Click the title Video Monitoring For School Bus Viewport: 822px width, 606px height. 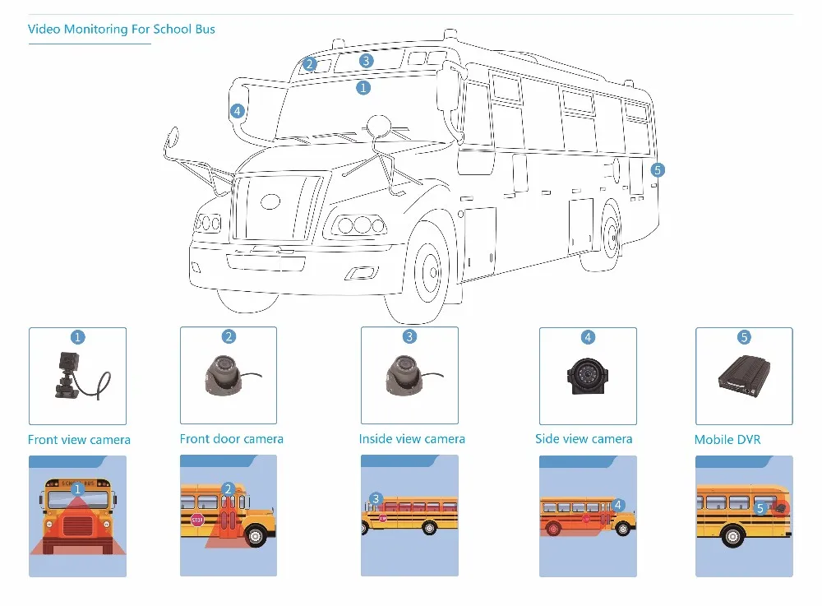(122, 30)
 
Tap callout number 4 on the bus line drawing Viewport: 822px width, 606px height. (237, 111)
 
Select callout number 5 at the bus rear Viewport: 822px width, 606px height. (656, 170)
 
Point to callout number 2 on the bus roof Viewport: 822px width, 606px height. (309, 63)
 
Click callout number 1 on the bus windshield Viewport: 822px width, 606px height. (363, 86)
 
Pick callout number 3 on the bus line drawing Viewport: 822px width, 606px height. (366, 60)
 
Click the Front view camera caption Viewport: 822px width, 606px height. (79, 440)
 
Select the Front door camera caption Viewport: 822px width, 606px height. (231, 439)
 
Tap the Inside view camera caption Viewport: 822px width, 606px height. (412, 439)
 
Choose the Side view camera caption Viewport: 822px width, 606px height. (584, 439)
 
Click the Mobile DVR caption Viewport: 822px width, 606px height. (727, 440)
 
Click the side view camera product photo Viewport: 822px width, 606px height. (587, 376)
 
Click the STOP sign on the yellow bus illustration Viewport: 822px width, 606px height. (197, 520)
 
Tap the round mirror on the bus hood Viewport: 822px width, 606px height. (377, 126)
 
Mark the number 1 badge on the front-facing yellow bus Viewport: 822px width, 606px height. (77, 489)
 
